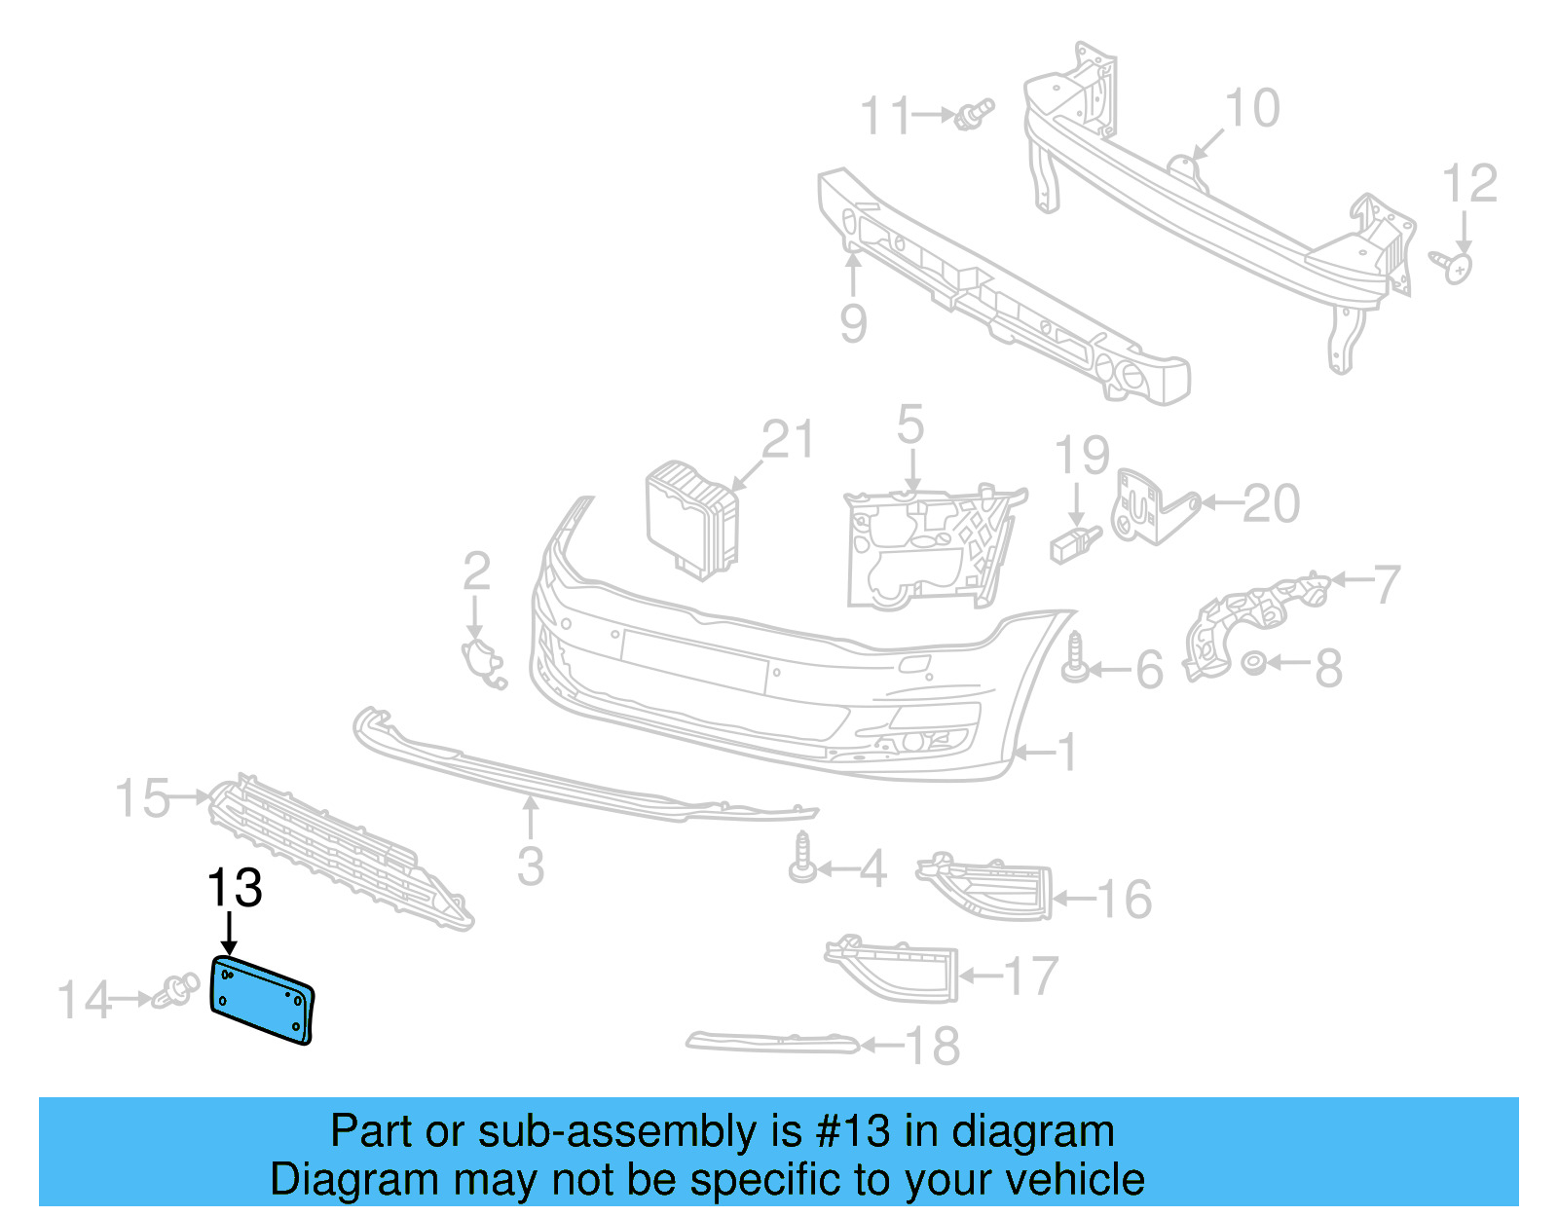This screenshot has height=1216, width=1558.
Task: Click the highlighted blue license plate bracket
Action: click(261, 1000)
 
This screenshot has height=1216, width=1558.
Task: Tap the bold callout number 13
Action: click(235, 888)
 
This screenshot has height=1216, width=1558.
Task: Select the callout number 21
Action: click(787, 440)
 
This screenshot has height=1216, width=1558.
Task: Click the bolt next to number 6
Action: click(1075, 658)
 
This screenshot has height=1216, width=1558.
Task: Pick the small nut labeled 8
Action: click(1254, 664)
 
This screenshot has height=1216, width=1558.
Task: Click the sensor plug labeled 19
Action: click(1075, 543)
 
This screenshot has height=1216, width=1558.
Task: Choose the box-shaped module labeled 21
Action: click(692, 520)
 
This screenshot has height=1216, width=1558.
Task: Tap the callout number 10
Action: click(1251, 108)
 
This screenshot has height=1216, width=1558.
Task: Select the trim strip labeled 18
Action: click(772, 1043)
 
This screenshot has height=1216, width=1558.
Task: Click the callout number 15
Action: click(142, 798)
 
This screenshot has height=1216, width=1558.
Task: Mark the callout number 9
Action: click(853, 323)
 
